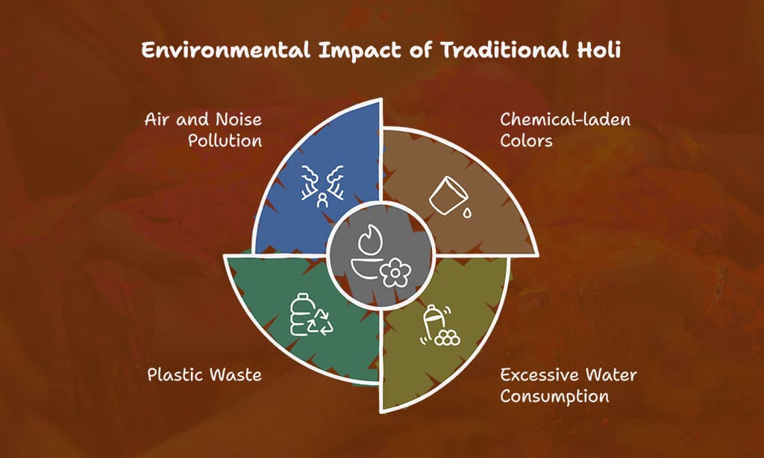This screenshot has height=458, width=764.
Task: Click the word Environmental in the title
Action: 225,50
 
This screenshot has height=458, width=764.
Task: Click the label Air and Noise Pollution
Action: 203,130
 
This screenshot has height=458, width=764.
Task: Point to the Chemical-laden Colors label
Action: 566,130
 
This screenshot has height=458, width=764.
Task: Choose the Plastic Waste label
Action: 204,374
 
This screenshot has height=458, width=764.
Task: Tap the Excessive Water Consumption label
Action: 569,386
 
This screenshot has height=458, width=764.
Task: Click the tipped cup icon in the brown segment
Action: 448,195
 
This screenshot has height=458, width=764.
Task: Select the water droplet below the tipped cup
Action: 467,213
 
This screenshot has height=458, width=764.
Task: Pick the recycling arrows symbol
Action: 321,321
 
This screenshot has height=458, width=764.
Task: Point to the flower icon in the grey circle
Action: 395,272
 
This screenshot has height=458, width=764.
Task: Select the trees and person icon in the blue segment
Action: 322,186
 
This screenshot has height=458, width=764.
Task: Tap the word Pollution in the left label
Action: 225,141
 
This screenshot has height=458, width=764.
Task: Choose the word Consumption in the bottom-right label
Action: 554,397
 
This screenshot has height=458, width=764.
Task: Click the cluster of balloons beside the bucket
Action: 448,338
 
